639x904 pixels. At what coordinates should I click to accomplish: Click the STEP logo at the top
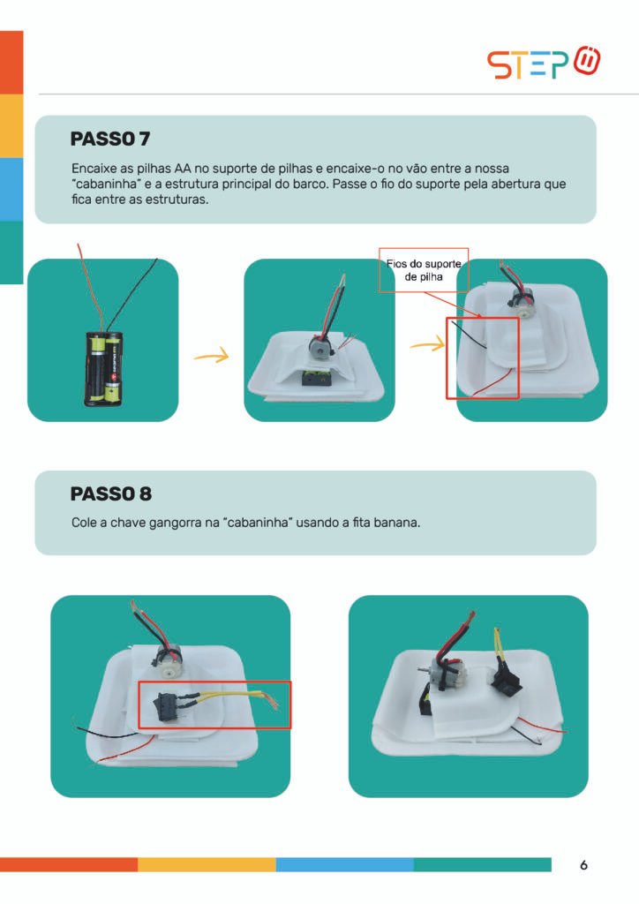(544, 63)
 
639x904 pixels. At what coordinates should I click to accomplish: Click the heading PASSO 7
(110, 139)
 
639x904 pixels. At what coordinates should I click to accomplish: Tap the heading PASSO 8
(110, 493)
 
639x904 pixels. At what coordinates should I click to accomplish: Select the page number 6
(583, 865)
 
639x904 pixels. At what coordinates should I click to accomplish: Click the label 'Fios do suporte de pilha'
(424, 270)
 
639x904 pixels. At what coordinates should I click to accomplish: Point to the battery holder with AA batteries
(104, 368)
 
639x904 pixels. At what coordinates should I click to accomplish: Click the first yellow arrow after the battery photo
(212, 357)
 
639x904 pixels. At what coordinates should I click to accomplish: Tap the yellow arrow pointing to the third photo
(427, 345)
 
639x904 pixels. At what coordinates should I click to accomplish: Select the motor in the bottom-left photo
(167, 660)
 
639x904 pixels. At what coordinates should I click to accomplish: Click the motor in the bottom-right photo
(447, 672)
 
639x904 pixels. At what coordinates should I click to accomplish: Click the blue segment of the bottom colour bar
(344, 864)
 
